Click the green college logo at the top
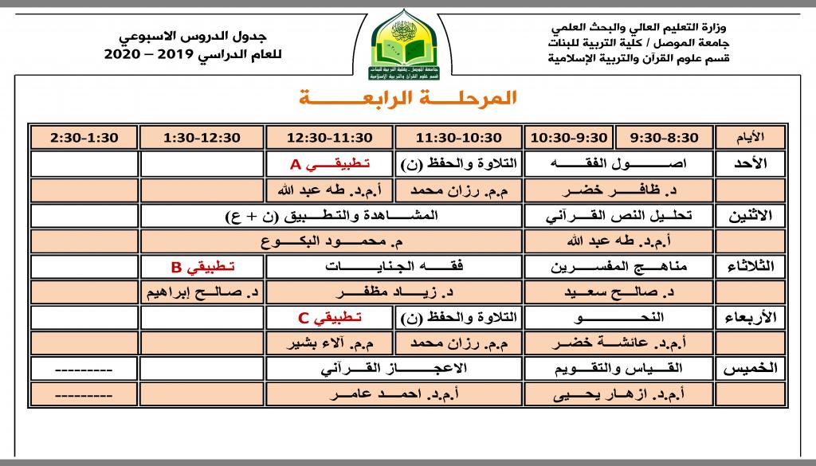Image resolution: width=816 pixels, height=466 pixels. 407,45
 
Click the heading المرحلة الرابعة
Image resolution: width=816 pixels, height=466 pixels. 407,99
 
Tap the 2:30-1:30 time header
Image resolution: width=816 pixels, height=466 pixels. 84,138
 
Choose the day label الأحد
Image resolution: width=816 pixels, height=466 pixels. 748,164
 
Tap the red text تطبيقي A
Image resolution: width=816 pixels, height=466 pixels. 329,164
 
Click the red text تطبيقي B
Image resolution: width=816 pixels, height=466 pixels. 202,267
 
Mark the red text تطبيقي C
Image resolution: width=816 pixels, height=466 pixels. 329,319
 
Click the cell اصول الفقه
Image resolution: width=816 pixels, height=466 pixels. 618,164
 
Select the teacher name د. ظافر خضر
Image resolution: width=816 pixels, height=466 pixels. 618,190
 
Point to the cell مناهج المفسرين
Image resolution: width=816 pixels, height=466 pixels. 618,267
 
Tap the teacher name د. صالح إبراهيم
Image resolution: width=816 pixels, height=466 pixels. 202,293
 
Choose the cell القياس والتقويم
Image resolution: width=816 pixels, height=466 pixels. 618,370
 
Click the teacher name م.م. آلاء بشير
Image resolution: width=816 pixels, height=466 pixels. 329,344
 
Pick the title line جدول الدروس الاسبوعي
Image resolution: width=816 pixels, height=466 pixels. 199,37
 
